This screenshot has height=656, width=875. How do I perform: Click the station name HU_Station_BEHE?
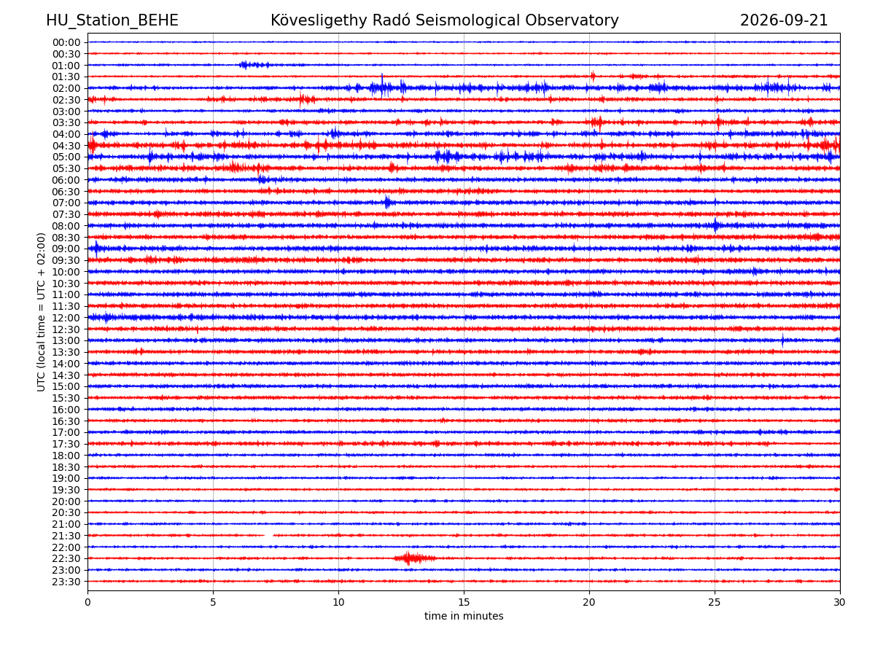click(112, 20)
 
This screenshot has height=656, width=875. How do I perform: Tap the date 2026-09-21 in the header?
click(783, 20)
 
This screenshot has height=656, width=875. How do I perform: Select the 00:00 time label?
click(66, 42)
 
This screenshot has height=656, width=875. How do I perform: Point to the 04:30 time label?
click(66, 146)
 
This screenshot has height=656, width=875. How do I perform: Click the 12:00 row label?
click(66, 318)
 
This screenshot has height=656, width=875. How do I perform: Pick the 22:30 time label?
click(66, 558)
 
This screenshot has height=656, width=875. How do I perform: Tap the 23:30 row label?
click(66, 582)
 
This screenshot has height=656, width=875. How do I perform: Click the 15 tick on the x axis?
click(464, 602)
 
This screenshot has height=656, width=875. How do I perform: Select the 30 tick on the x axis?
click(839, 602)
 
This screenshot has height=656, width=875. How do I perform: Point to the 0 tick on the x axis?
click(87, 602)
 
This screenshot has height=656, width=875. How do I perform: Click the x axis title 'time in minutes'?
click(464, 616)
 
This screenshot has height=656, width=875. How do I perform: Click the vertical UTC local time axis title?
click(41, 312)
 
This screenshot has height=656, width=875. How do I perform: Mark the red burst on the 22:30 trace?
click(413, 558)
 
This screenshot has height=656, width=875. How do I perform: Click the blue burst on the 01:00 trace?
click(254, 65)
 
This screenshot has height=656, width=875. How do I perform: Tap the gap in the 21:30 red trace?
click(268, 535)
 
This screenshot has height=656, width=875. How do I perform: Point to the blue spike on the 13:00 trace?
click(782, 340)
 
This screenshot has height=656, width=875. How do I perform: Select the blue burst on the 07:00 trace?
click(387, 203)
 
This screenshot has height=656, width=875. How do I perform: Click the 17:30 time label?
click(66, 444)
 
